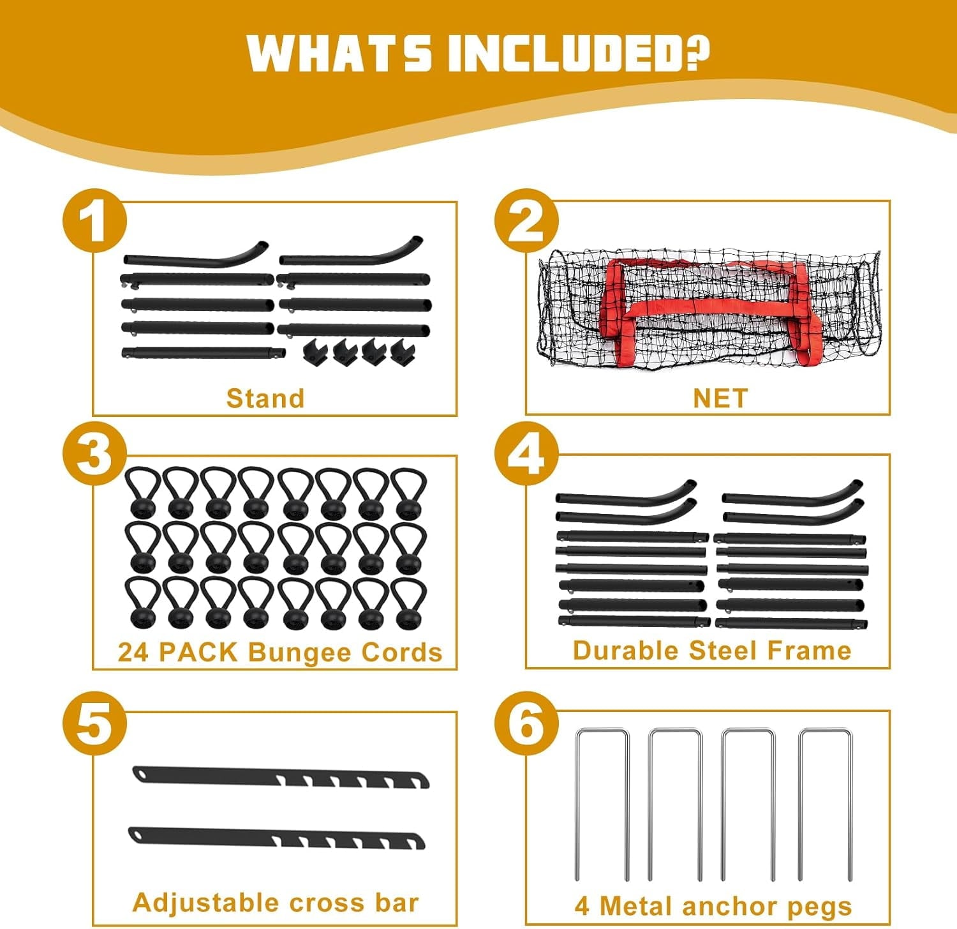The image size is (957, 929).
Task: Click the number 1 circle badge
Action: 94,221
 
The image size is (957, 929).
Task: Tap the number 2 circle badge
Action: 526,221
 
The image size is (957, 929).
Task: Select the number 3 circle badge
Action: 94,454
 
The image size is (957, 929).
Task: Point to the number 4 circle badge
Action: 526,454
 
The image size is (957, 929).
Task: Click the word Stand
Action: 265,398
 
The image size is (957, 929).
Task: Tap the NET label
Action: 720,398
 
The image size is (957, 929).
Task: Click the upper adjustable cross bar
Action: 281,777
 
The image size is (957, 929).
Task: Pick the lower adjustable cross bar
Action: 277,838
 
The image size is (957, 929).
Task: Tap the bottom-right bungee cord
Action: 408,604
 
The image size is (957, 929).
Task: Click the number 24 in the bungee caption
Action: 133,653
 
